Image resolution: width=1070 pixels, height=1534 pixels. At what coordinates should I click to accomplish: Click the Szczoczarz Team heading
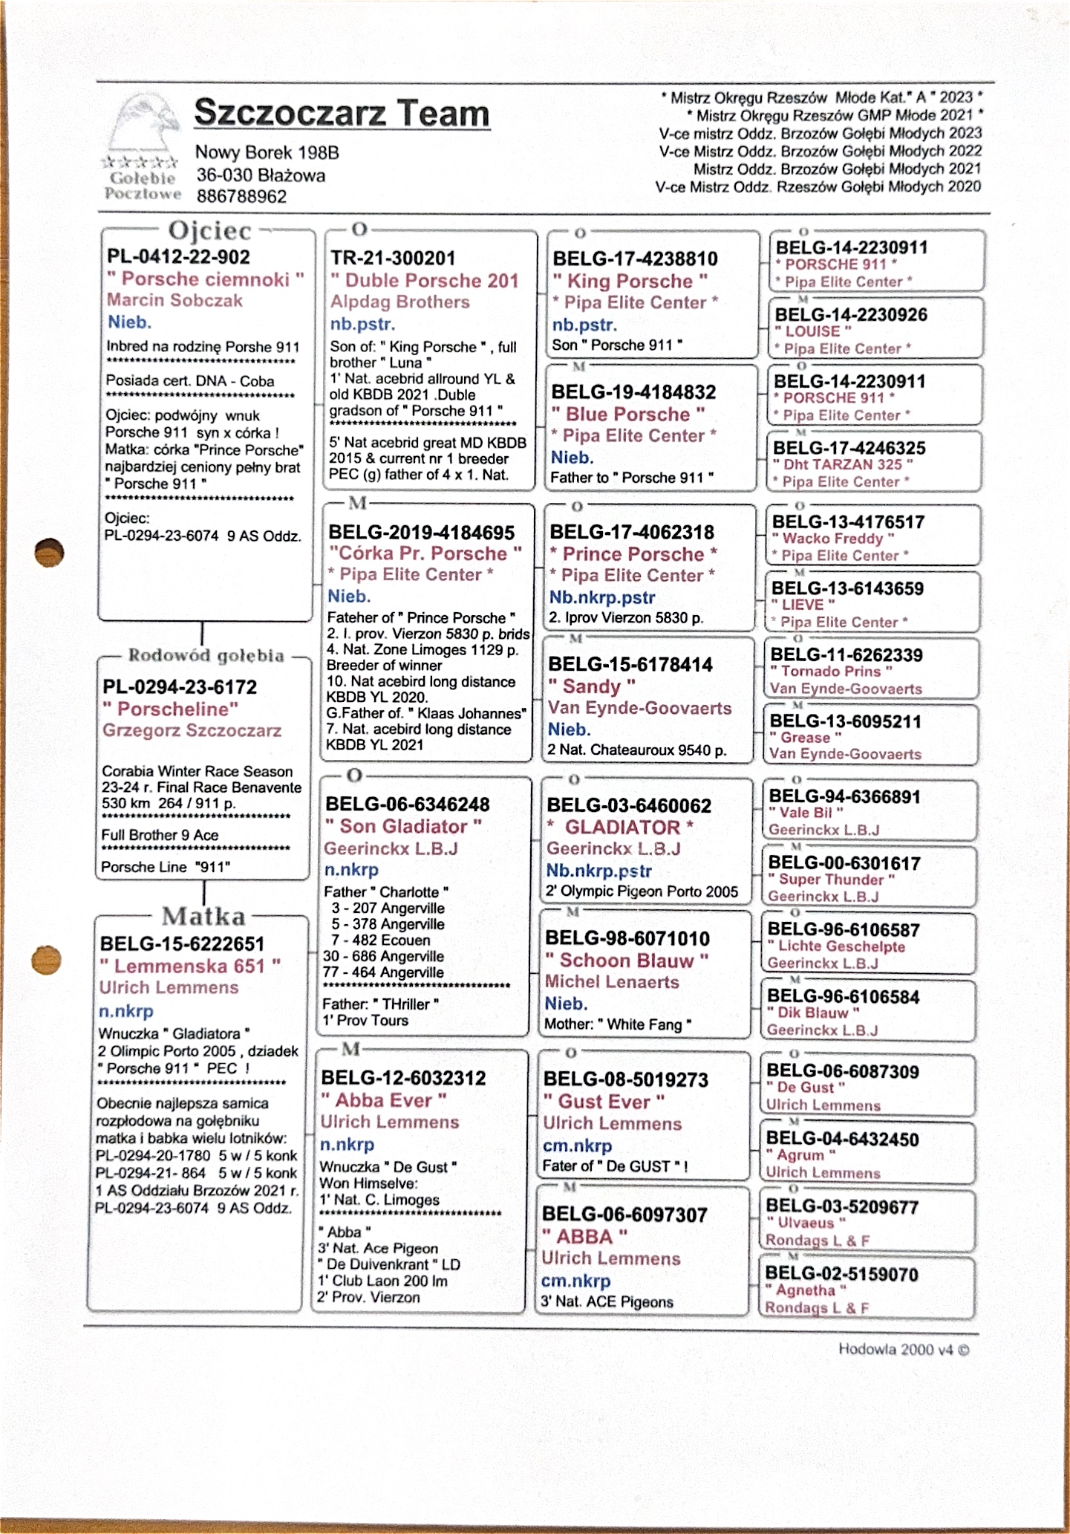click(342, 113)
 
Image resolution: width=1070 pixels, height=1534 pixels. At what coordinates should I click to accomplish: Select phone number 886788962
click(241, 197)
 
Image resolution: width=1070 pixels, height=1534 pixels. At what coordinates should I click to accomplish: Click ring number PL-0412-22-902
click(178, 257)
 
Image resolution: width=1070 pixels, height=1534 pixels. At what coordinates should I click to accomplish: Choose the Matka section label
click(203, 916)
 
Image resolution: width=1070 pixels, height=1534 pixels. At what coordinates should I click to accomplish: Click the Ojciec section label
click(210, 231)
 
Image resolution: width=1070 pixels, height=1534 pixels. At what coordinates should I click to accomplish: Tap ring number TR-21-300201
click(393, 259)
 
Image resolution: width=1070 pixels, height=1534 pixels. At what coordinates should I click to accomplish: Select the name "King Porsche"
click(630, 281)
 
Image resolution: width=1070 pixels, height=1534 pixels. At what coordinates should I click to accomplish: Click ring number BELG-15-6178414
click(630, 664)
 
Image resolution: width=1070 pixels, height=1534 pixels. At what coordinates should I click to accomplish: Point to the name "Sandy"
click(592, 686)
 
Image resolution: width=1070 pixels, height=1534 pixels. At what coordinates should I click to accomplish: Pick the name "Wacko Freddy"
click(833, 539)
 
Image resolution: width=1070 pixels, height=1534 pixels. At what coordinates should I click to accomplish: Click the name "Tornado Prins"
click(831, 672)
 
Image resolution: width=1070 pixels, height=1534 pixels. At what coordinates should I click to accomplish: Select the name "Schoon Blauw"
click(627, 961)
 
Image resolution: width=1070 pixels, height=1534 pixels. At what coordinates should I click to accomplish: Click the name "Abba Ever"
click(383, 1100)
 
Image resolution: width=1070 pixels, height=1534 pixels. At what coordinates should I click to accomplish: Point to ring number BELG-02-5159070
click(842, 1274)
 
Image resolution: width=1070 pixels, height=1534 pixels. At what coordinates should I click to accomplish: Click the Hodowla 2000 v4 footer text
click(904, 1350)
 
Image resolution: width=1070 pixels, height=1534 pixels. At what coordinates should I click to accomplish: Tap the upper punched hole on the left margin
click(50, 552)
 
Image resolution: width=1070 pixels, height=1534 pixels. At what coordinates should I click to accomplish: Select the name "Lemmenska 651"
click(189, 966)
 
